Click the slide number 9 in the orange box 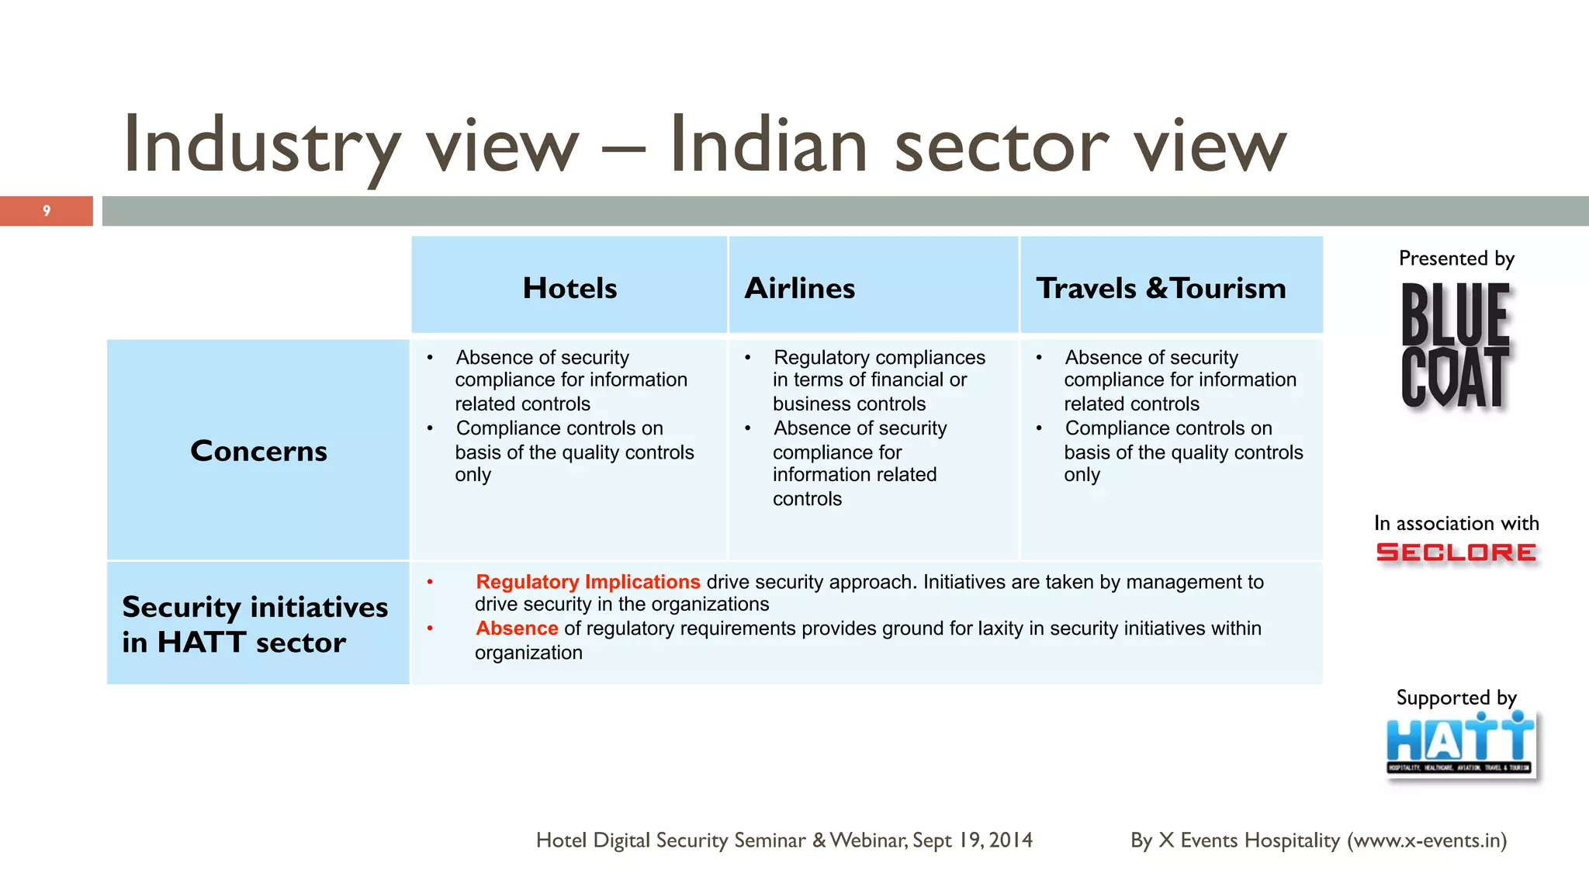point(47,211)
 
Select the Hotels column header point(569,288)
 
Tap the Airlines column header point(799,288)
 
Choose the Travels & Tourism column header point(1161,288)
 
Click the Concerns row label point(258,451)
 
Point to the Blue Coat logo point(1456,346)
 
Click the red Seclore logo point(1456,553)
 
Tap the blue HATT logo point(1459,745)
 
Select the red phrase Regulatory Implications point(587,582)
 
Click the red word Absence point(517,629)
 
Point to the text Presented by point(1456,258)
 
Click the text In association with point(1456,523)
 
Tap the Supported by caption point(1456,698)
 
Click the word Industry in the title point(261,146)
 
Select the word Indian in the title point(768,146)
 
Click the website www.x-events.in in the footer point(1426,840)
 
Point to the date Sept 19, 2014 point(972,840)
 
